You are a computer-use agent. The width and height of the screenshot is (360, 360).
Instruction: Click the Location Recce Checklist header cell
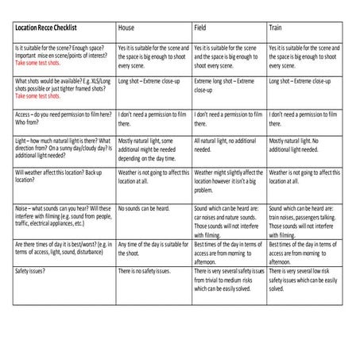pos(48,28)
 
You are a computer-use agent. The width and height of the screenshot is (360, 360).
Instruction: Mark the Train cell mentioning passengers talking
pos(304,221)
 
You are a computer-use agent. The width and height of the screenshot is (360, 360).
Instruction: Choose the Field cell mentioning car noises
pos(229,221)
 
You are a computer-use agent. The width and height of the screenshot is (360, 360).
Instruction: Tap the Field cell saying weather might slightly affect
pos(229,181)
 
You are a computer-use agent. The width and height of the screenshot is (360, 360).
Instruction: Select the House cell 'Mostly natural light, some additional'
pos(151,149)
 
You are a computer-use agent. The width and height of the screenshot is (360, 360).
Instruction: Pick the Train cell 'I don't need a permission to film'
pos(304,119)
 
